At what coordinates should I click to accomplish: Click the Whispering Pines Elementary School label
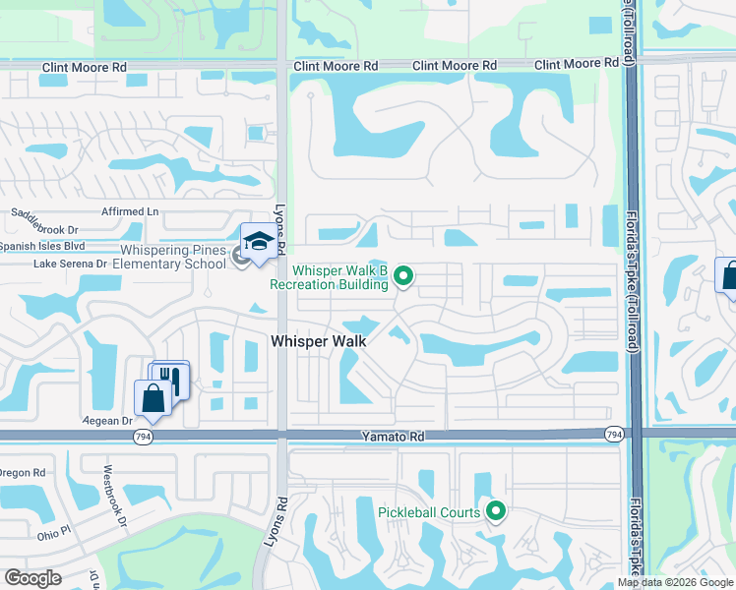point(168,258)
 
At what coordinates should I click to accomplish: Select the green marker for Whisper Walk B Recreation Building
point(403,277)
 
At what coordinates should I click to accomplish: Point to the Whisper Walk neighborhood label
point(318,340)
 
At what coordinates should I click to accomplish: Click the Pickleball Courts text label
point(430,512)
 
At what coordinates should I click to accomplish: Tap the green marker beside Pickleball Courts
point(496,510)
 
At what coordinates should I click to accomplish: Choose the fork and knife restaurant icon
point(171,378)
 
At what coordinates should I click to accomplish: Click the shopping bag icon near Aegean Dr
point(153,398)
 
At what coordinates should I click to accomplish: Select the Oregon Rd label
point(22,473)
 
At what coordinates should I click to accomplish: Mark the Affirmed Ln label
point(130,211)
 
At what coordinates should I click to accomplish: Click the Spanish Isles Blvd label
point(42,246)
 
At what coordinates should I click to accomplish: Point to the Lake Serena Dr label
point(69,264)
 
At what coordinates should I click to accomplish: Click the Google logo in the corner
point(33,577)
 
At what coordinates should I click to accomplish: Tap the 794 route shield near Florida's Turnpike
point(614,434)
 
